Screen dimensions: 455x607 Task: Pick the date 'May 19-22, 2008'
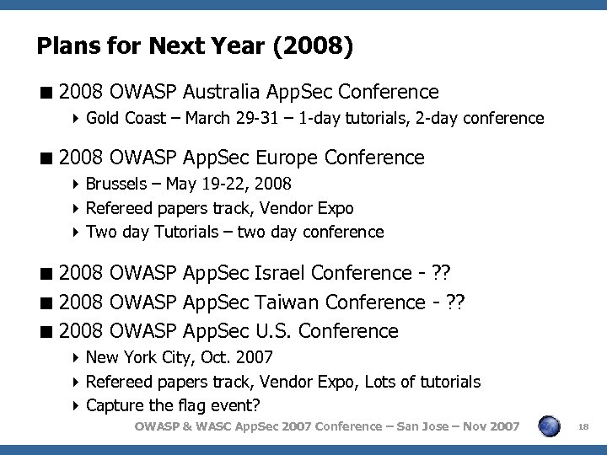point(229,185)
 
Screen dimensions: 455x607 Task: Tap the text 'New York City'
point(134,357)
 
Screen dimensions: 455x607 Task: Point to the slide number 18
point(581,428)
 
